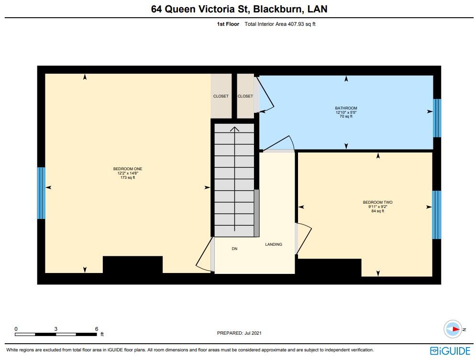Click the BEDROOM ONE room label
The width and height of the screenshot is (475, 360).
(127, 169)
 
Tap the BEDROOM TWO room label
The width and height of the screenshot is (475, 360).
(377, 202)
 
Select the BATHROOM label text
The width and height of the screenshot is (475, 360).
(346, 108)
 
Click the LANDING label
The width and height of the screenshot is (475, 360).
(274, 244)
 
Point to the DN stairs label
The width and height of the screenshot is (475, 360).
(234, 249)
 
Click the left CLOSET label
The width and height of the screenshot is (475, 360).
(221, 96)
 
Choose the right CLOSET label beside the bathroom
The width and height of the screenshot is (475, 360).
(245, 96)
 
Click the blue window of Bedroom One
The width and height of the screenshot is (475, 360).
(42, 193)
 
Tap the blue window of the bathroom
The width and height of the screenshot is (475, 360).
(436, 118)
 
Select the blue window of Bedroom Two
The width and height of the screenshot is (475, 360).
(436, 215)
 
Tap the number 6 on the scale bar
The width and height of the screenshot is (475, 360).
(97, 329)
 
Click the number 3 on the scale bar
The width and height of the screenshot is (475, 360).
(56, 329)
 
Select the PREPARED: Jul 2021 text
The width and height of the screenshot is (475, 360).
(239, 333)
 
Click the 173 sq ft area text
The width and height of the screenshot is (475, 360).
(127, 177)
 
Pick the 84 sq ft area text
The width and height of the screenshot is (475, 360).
(377, 211)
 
